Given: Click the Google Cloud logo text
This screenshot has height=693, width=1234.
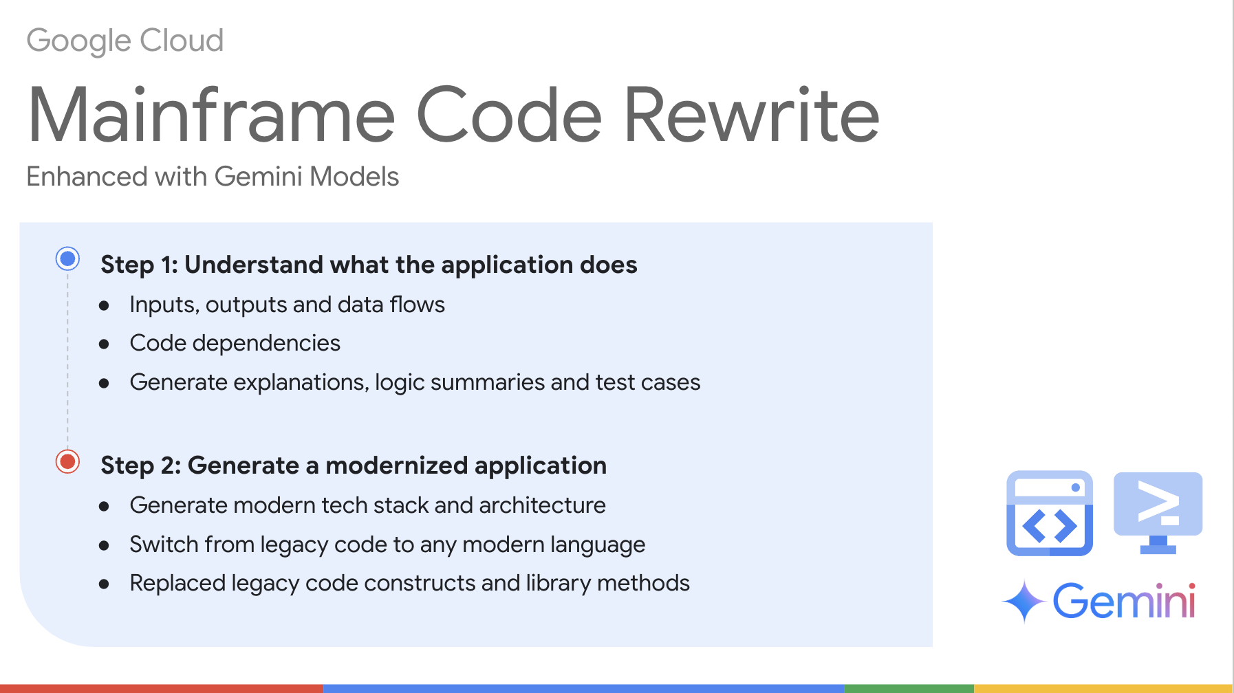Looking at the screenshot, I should (x=125, y=41).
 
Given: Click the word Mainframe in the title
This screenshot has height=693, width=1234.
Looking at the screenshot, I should (x=210, y=115).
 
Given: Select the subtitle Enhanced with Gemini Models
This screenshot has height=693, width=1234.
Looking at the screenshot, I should (x=212, y=177).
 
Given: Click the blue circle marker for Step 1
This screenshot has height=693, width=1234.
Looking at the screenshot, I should (x=67, y=259).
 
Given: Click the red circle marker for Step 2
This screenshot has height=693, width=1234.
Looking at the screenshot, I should (x=67, y=461).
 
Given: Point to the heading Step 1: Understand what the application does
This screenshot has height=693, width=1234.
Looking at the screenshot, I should (x=368, y=265).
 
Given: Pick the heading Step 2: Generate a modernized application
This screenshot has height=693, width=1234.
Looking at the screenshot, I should (x=353, y=465).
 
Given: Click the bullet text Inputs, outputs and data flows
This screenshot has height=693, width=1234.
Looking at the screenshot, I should (x=287, y=305).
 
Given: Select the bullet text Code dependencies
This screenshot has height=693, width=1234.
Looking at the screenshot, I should (x=235, y=343).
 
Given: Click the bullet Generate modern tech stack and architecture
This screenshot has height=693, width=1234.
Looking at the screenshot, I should (x=367, y=505).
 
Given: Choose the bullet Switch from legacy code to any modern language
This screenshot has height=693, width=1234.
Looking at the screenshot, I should (x=387, y=544).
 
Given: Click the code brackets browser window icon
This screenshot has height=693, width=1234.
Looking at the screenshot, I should (x=1049, y=513).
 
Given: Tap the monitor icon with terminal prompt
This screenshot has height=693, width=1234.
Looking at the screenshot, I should (x=1158, y=511).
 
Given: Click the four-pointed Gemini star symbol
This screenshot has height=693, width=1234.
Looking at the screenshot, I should (x=1024, y=601).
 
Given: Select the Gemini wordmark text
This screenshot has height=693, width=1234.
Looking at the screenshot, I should (x=1124, y=602).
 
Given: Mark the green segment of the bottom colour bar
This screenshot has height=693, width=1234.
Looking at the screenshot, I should (x=908, y=688).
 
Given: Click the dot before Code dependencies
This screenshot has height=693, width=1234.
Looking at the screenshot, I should (x=104, y=344).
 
